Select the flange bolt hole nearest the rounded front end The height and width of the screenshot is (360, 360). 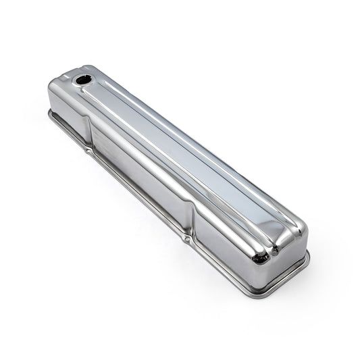pyautogui.click(x=186, y=240)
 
